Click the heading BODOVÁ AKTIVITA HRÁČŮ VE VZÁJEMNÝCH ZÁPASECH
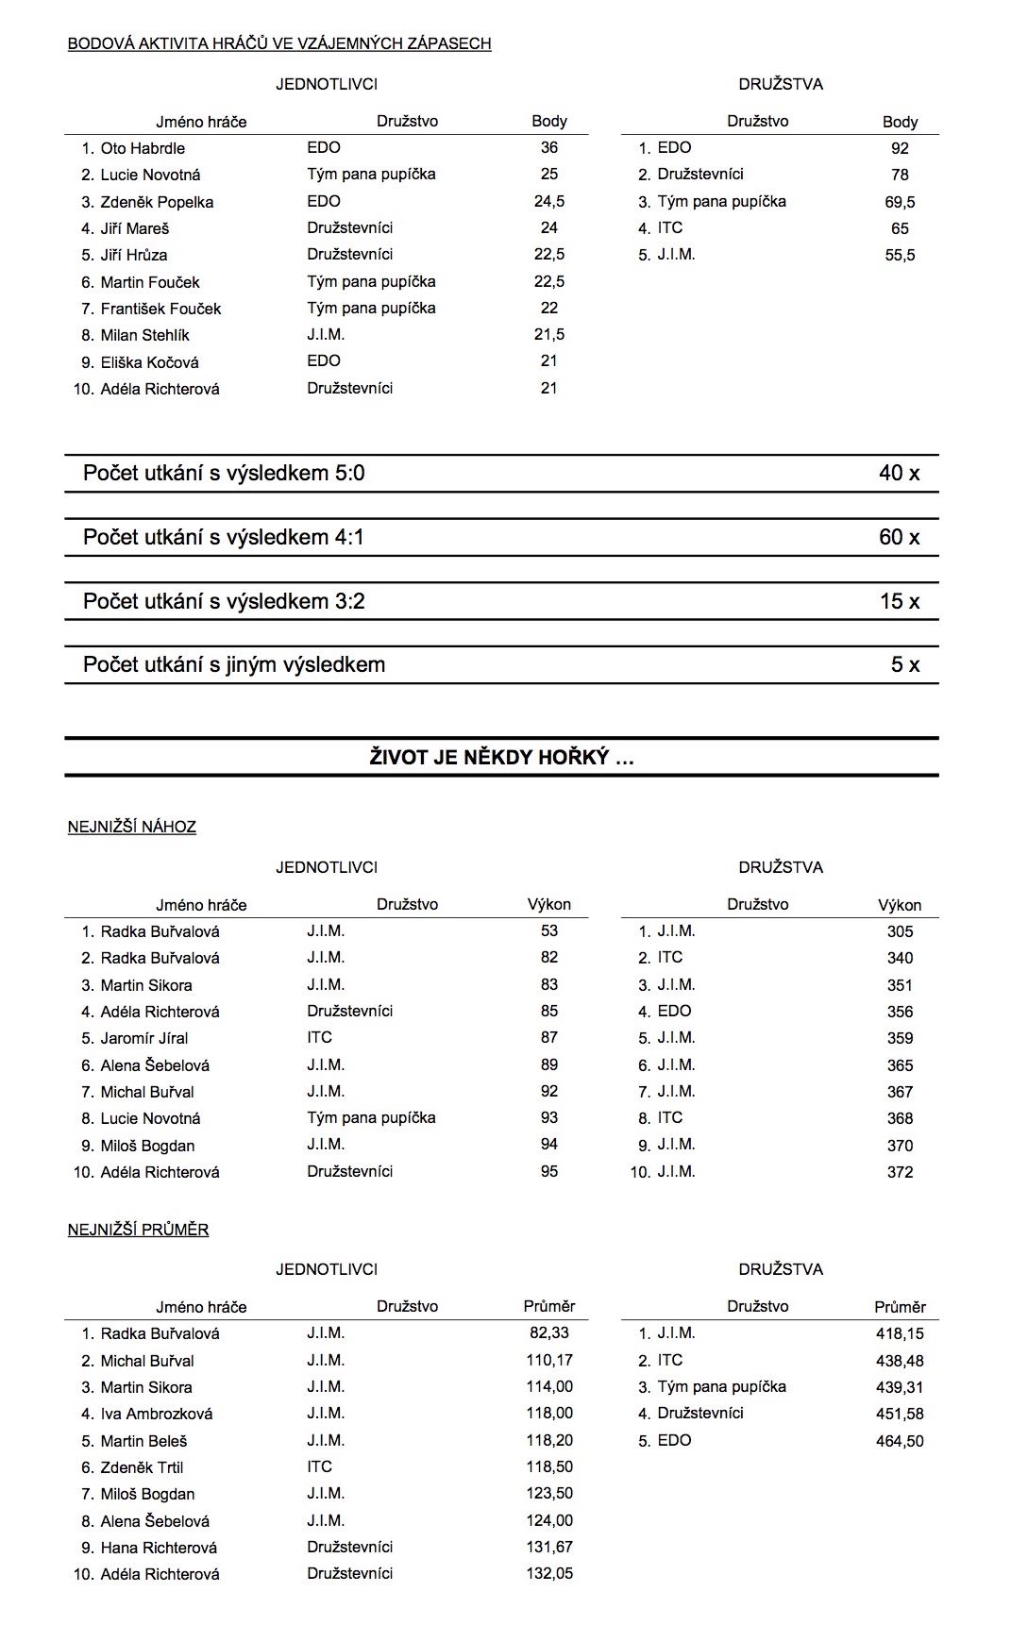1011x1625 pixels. (279, 43)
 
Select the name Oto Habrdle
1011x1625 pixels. (143, 148)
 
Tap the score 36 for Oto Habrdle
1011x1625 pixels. (548, 147)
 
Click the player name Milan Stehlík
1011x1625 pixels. (144, 335)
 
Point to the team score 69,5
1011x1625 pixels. (900, 202)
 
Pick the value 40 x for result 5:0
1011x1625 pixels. (899, 473)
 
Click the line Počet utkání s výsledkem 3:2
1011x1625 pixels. (224, 601)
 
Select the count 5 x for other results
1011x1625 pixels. (904, 664)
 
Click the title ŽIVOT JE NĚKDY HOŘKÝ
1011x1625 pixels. (501, 757)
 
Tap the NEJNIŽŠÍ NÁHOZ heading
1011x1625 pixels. (132, 827)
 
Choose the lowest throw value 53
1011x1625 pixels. (548, 930)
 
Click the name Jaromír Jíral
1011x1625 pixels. (144, 1038)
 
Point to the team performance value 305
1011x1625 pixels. (900, 931)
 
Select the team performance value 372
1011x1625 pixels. (900, 1172)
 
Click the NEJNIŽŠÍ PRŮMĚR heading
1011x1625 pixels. (139, 1230)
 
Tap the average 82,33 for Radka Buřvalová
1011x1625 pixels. (548, 1332)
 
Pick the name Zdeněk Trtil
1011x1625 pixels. (142, 1467)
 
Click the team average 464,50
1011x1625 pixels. (900, 1441)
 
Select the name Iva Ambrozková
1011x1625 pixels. (157, 1414)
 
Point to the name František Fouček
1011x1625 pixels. (160, 309)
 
